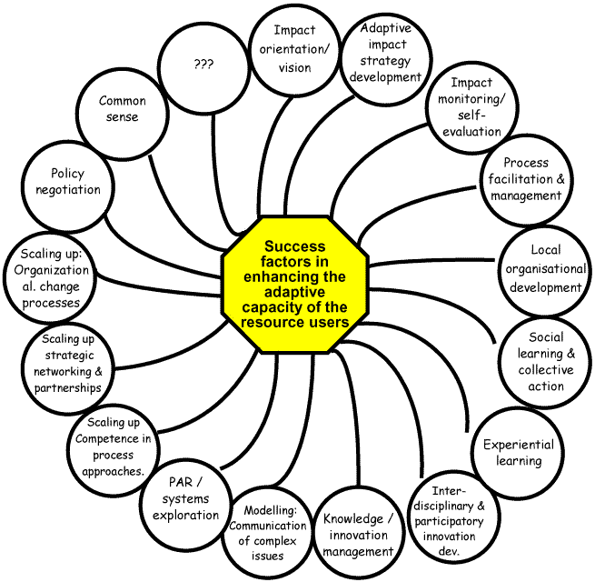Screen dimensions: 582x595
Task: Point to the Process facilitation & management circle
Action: (x=526, y=179)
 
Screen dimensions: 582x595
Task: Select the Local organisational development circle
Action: (x=543, y=267)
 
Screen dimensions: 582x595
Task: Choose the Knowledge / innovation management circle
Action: (x=357, y=535)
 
